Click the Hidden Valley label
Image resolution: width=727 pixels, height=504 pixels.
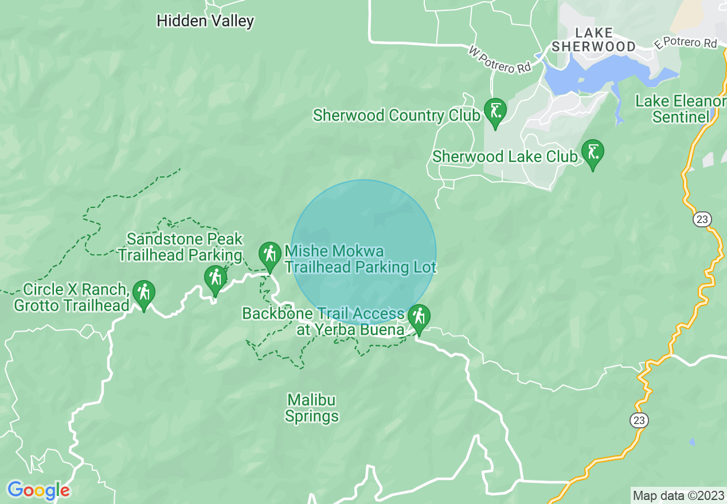coord(205,22)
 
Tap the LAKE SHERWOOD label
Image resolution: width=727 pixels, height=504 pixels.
coord(593,40)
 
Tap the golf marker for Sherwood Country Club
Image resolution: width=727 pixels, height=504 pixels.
coord(495,110)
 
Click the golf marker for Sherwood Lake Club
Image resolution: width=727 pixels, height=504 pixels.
coord(592,153)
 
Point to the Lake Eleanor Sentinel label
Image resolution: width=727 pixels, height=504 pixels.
coord(680,109)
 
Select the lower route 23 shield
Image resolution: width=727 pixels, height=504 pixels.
coord(639,420)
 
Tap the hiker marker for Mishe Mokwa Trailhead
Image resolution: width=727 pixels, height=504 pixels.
coord(269,254)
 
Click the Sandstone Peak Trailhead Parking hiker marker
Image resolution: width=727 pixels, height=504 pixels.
coord(216,278)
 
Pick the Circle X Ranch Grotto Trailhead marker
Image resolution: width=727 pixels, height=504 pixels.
coord(143,293)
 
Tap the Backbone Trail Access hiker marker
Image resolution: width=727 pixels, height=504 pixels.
coord(419,317)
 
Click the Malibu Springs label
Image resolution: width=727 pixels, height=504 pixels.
coord(312,408)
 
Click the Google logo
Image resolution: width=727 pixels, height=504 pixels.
coord(38,490)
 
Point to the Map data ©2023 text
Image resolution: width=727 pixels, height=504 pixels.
coord(678,495)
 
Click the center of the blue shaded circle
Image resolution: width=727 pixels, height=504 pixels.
coord(363,252)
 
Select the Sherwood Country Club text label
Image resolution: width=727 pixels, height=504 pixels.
coord(396,116)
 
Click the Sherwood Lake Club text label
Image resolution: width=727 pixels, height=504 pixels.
coord(505,156)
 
